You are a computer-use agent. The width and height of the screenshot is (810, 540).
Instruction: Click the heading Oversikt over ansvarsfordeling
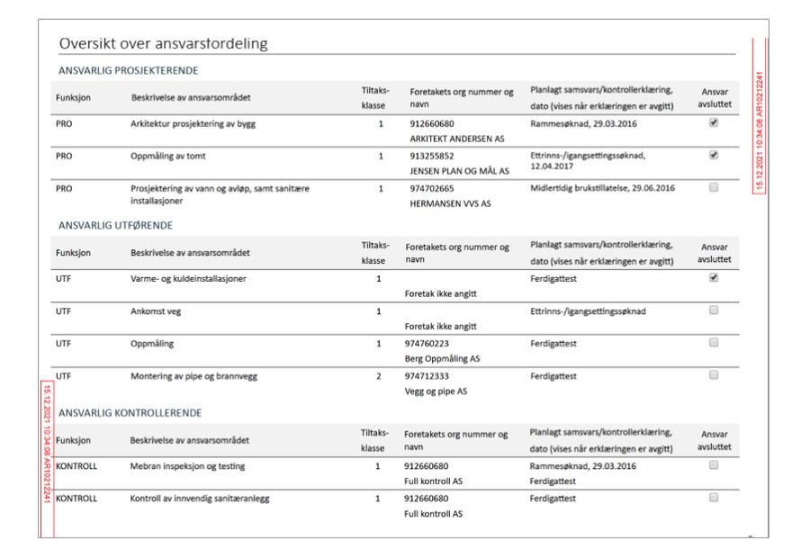163,43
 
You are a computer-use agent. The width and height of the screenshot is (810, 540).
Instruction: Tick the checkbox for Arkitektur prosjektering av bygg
714,123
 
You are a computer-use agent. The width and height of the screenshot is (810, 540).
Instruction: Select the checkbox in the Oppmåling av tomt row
714,155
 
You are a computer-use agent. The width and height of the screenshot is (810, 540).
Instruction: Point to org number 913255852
432,156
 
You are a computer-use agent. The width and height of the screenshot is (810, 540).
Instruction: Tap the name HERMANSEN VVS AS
450,203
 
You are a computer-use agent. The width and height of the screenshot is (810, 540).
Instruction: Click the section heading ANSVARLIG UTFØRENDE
115,225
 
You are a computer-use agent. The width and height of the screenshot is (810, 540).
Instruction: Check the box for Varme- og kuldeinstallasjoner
714,278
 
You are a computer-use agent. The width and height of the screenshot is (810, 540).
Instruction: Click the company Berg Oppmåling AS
443,358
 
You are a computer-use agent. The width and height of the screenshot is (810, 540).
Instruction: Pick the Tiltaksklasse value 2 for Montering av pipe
379,376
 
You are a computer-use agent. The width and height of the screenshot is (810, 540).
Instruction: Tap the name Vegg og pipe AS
436,391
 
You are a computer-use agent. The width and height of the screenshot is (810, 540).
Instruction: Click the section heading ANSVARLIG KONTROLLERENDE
130,413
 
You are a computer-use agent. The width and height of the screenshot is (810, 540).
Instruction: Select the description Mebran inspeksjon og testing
187,466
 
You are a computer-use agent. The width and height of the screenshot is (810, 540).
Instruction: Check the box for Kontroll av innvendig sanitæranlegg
714,497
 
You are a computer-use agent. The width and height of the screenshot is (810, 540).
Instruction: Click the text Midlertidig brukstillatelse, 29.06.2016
602,188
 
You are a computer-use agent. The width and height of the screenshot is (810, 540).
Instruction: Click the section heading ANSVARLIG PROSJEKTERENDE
128,70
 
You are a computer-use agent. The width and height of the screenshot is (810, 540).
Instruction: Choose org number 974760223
427,343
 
